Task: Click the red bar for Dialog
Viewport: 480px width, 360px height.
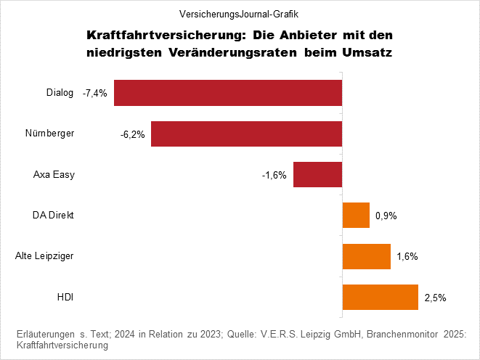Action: [227, 93]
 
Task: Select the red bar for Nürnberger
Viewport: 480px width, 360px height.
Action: [246, 134]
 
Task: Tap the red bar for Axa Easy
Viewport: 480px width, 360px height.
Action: [317, 175]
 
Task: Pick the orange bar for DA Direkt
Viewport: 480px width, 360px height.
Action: [356, 216]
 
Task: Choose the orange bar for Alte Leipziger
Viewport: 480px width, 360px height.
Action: [366, 256]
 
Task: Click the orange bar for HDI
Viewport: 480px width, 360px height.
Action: [380, 297]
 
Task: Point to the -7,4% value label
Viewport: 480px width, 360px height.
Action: [95, 94]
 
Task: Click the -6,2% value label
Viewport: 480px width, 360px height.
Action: [133, 134]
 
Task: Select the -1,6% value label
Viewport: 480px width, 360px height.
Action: [274, 175]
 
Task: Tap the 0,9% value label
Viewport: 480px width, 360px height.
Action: [386, 216]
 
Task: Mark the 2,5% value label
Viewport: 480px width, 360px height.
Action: [435, 297]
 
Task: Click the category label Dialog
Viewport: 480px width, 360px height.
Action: [60, 93]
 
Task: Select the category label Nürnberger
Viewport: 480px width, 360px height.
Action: [49, 134]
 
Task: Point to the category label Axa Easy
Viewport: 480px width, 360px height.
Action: [54, 175]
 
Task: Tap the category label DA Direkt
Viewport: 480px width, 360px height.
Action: [53, 216]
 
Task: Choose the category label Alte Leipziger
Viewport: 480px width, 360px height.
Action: [44, 256]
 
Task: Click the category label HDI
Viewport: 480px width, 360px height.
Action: [65, 297]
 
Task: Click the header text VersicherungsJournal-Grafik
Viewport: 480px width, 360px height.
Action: [240, 13]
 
